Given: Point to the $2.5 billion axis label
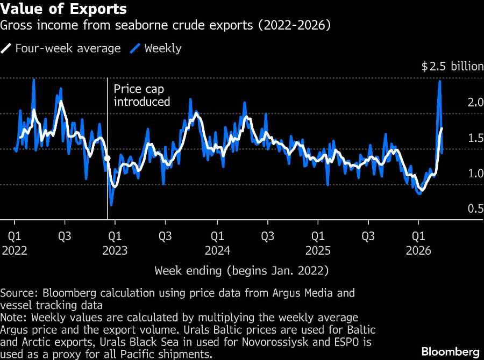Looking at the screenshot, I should (452, 67).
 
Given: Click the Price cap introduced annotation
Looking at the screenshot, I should (141, 95).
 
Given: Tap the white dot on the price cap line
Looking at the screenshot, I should (107, 159).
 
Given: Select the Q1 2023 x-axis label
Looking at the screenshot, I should (114, 242).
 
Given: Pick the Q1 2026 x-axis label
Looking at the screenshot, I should (419, 242).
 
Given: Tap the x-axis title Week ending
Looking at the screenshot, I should (241, 270).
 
